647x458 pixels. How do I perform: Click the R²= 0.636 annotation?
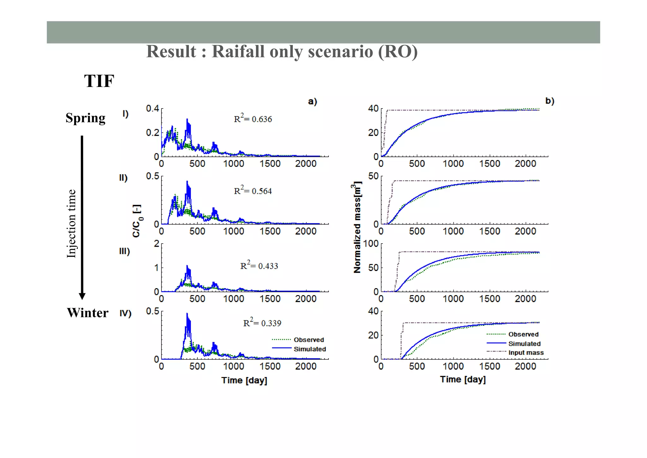(x=253, y=119)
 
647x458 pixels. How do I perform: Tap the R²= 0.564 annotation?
(x=253, y=191)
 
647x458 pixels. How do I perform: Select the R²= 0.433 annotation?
(x=259, y=266)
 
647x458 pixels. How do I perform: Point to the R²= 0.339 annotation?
(x=262, y=323)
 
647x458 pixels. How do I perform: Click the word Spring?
(x=85, y=118)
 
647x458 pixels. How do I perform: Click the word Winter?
(x=88, y=313)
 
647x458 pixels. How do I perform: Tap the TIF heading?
(x=99, y=81)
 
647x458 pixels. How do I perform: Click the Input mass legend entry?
(x=526, y=353)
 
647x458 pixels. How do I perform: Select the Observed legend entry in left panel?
(x=309, y=340)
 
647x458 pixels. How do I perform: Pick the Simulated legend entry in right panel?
(x=524, y=343)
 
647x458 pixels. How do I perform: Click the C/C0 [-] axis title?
(x=137, y=221)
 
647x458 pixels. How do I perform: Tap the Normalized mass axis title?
(x=357, y=227)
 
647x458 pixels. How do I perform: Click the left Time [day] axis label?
(x=244, y=380)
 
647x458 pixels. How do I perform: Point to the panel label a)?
(x=312, y=101)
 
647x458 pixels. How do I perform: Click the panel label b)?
(x=550, y=101)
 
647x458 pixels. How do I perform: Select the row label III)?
(x=124, y=251)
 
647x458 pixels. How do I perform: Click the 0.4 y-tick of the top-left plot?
(x=152, y=108)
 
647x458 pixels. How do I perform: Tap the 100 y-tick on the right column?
(x=371, y=244)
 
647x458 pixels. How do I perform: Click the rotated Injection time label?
(x=71, y=224)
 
